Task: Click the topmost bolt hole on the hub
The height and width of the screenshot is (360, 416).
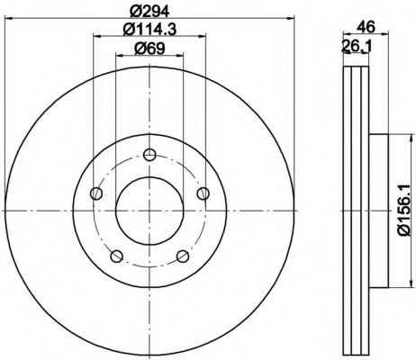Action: tap(149, 152)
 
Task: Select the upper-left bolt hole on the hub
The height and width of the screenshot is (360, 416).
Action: tap(96, 192)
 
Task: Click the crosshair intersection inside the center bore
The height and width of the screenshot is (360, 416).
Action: tap(149, 208)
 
